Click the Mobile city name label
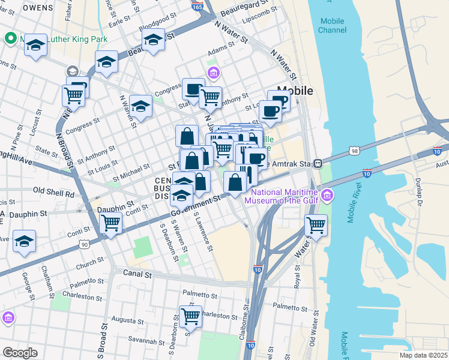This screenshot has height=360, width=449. (x=294, y=91)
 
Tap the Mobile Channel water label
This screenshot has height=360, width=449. (x=332, y=25)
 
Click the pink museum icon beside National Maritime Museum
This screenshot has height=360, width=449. (x=327, y=195)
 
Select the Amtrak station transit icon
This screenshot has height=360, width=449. (x=321, y=163)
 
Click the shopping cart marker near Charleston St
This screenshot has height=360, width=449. (x=190, y=315)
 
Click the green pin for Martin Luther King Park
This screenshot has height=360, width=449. (x=10, y=39)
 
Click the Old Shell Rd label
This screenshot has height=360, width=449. (x=53, y=194)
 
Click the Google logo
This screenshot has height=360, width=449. (x=20, y=352)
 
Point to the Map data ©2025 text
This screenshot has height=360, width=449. (x=423, y=355)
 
